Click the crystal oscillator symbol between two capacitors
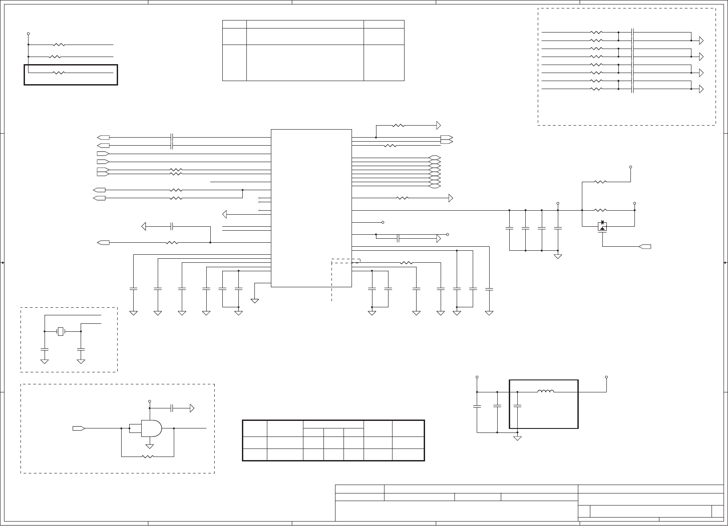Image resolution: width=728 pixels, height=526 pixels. (61, 331)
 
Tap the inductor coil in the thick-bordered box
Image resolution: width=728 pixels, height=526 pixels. (546, 392)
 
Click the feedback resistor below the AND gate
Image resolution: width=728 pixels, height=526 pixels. (147, 457)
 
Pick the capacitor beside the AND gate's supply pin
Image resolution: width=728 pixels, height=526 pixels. (173, 408)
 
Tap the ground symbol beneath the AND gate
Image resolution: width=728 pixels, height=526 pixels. (150, 446)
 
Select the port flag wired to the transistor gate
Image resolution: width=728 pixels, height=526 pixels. (644, 246)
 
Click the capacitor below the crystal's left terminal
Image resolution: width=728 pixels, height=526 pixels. (45, 348)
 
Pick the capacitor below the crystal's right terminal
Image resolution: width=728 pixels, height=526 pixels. (81, 348)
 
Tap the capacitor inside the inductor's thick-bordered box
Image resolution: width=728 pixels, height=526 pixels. (517, 406)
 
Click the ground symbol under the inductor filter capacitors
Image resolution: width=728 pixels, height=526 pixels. (518, 438)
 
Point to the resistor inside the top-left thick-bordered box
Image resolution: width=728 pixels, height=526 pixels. (59, 73)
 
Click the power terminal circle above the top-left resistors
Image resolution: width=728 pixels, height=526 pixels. (28, 33)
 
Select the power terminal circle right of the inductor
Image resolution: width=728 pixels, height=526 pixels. (606, 377)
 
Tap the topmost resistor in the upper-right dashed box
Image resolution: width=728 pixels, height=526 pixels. (596, 33)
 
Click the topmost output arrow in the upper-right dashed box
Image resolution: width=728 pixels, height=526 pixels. (701, 41)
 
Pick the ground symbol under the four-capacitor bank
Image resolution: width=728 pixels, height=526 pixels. (557, 256)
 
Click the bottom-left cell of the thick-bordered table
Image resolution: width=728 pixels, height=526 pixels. (255, 454)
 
